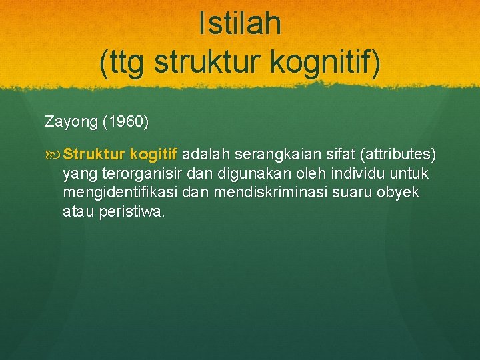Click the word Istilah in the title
click(x=240, y=24)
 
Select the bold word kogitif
click(x=154, y=155)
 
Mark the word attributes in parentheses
click(x=398, y=155)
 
